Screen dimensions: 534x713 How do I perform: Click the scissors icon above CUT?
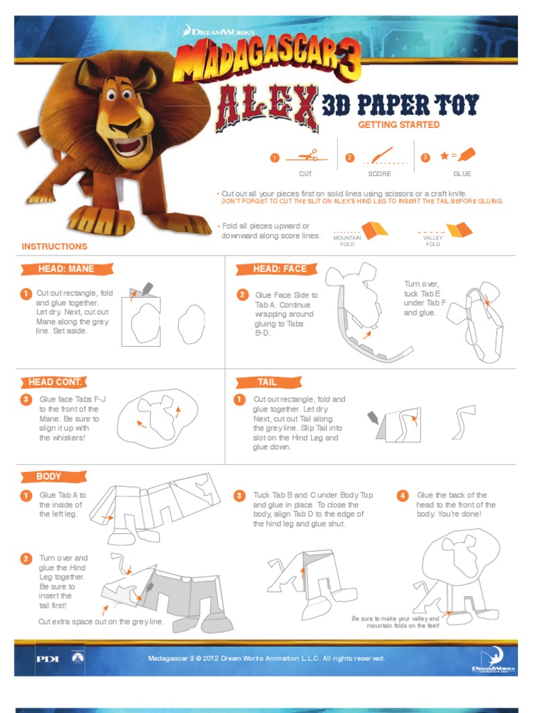[308, 155]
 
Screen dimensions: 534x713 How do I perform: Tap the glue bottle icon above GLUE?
[467, 155]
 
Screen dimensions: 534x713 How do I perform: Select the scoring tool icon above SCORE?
[382, 155]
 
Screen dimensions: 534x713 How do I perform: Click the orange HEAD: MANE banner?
[66, 269]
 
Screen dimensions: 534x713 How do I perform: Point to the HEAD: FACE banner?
[276, 269]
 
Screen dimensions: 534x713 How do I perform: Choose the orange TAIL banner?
[268, 382]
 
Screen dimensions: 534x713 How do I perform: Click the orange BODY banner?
[53, 476]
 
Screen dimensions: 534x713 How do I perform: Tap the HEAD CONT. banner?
[54, 382]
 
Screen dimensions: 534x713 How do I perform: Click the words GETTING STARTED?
[398, 125]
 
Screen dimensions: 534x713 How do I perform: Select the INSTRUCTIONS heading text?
[54, 246]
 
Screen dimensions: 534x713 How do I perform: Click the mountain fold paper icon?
[374, 230]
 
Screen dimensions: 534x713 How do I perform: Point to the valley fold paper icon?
[459, 230]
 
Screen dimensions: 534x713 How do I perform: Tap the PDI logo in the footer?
[47, 659]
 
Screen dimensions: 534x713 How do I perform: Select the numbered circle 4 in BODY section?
[403, 495]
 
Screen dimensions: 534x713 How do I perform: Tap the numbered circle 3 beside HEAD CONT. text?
[26, 399]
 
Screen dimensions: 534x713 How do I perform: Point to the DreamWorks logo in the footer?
[494, 660]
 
